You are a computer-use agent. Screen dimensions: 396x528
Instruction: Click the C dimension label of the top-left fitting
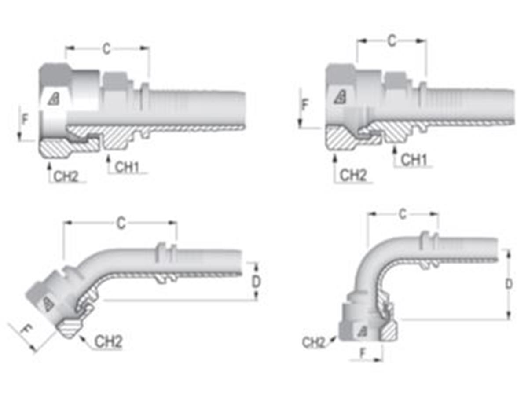click(106, 49)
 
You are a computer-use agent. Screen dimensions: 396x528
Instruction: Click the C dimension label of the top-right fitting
click(391, 41)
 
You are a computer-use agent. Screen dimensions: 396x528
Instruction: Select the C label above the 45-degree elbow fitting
click(121, 223)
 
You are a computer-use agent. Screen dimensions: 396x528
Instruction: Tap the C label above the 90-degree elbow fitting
click(402, 214)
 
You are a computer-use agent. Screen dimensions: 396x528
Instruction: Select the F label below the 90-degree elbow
click(363, 352)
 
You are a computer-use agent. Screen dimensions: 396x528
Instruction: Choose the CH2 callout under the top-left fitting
click(66, 176)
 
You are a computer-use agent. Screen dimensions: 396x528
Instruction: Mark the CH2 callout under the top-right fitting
click(353, 175)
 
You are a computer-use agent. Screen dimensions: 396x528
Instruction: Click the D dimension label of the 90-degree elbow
click(509, 284)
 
